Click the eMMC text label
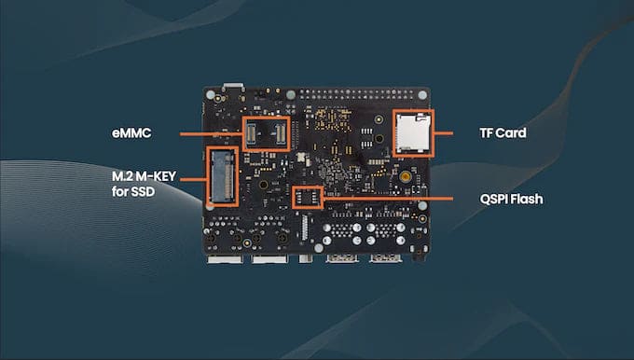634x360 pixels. coord(131,133)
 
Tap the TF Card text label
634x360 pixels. coord(503,133)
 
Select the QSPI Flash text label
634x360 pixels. coord(511,199)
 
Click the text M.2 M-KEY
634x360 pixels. coord(144,176)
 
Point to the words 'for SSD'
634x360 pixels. coord(133,191)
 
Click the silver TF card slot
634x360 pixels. coord(412,133)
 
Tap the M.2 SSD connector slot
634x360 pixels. coord(222,177)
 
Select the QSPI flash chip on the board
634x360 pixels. coord(308,198)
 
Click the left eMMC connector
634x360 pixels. coord(251,134)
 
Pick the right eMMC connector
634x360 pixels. coord(281,134)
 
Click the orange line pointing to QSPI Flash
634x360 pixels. coord(388,199)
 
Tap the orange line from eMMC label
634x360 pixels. coord(211,134)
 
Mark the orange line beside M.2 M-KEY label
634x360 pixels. coord(193,179)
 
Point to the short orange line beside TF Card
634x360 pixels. coord(444,133)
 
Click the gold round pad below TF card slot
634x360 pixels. coord(406,176)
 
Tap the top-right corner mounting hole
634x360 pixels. coord(422,95)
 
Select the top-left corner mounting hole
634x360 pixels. coord(211,95)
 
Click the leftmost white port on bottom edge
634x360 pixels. coord(226,259)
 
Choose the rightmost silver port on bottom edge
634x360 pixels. coord(385,258)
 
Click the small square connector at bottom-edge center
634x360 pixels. coord(306,258)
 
